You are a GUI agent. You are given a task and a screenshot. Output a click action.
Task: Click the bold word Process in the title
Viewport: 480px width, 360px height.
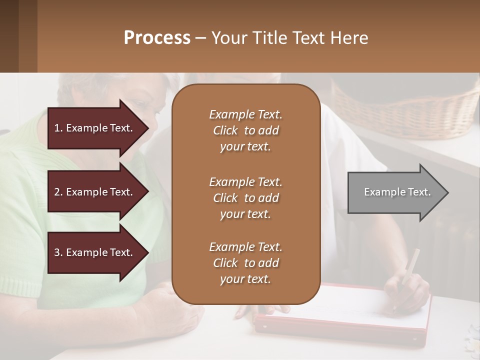(x=157, y=38)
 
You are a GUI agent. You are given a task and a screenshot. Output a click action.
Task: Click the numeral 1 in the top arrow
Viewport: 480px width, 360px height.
(x=57, y=128)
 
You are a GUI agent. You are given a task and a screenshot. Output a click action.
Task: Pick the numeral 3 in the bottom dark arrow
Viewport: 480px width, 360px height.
(x=57, y=252)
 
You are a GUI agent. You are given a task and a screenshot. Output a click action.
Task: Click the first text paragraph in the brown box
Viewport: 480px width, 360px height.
(x=245, y=130)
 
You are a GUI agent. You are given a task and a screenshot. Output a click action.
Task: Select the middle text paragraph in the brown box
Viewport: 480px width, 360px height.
(x=245, y=198)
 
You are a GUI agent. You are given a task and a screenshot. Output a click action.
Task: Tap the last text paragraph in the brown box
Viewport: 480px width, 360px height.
(x=245, y=263)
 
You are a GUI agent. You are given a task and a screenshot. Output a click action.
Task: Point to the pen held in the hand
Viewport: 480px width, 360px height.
(x=409, y=267)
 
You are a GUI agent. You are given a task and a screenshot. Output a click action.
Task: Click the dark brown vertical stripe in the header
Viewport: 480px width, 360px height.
(x=27, y=36)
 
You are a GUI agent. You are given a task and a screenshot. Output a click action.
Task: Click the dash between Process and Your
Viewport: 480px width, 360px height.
(x=200, y=38)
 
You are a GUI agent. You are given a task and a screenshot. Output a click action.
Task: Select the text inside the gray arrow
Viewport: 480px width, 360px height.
(x=397, y=192)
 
